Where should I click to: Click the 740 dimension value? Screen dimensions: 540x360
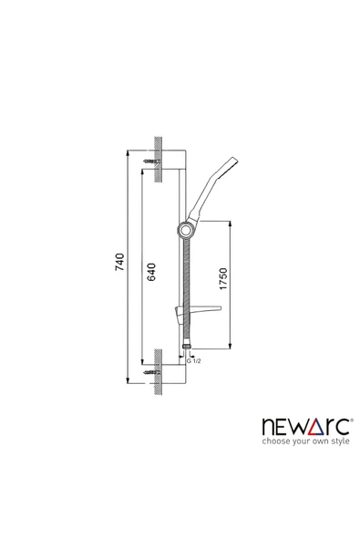[118, 265]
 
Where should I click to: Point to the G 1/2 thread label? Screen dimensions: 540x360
[192, 362]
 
